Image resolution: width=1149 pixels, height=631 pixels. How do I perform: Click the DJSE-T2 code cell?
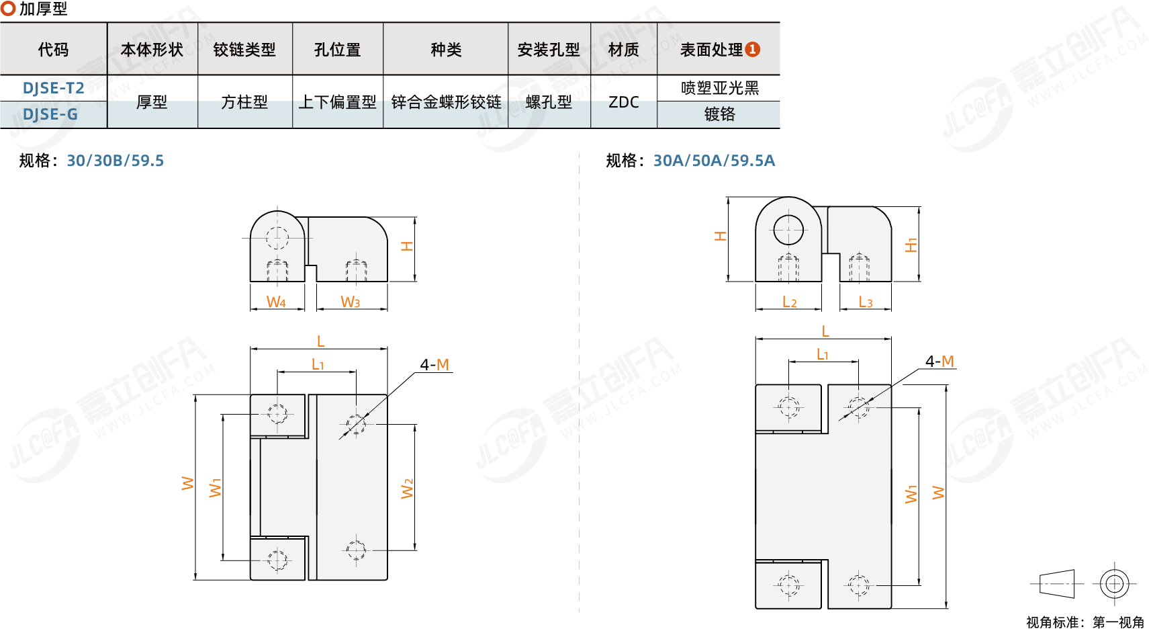53,88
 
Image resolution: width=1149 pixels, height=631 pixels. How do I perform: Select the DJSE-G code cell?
50,114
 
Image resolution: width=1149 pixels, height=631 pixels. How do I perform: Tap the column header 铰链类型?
244,50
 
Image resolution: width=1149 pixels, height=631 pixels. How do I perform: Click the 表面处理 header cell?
711,50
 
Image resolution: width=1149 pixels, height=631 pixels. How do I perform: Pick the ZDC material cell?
623,102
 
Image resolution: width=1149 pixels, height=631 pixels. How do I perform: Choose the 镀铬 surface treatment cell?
719,114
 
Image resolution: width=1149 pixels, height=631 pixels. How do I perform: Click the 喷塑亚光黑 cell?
719,88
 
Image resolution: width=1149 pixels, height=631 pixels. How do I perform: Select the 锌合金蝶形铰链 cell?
446,102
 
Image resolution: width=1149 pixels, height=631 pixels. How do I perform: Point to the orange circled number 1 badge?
753,49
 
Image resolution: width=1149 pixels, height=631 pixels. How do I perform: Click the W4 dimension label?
276,302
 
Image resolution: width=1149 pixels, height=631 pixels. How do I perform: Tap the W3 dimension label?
351,302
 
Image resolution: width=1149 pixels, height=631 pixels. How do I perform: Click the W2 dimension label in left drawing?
407,489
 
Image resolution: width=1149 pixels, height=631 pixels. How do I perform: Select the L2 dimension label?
790,302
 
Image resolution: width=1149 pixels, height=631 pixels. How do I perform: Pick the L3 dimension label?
866,302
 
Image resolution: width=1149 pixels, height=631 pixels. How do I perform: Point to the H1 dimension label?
911,245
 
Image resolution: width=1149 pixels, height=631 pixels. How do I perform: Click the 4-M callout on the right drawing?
939,362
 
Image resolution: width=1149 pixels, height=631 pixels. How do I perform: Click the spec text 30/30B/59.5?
116,161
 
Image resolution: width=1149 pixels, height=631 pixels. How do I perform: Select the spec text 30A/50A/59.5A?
714,161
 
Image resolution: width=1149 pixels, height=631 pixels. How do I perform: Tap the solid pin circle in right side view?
788,230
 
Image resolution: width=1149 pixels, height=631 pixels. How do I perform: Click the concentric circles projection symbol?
1114,583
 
